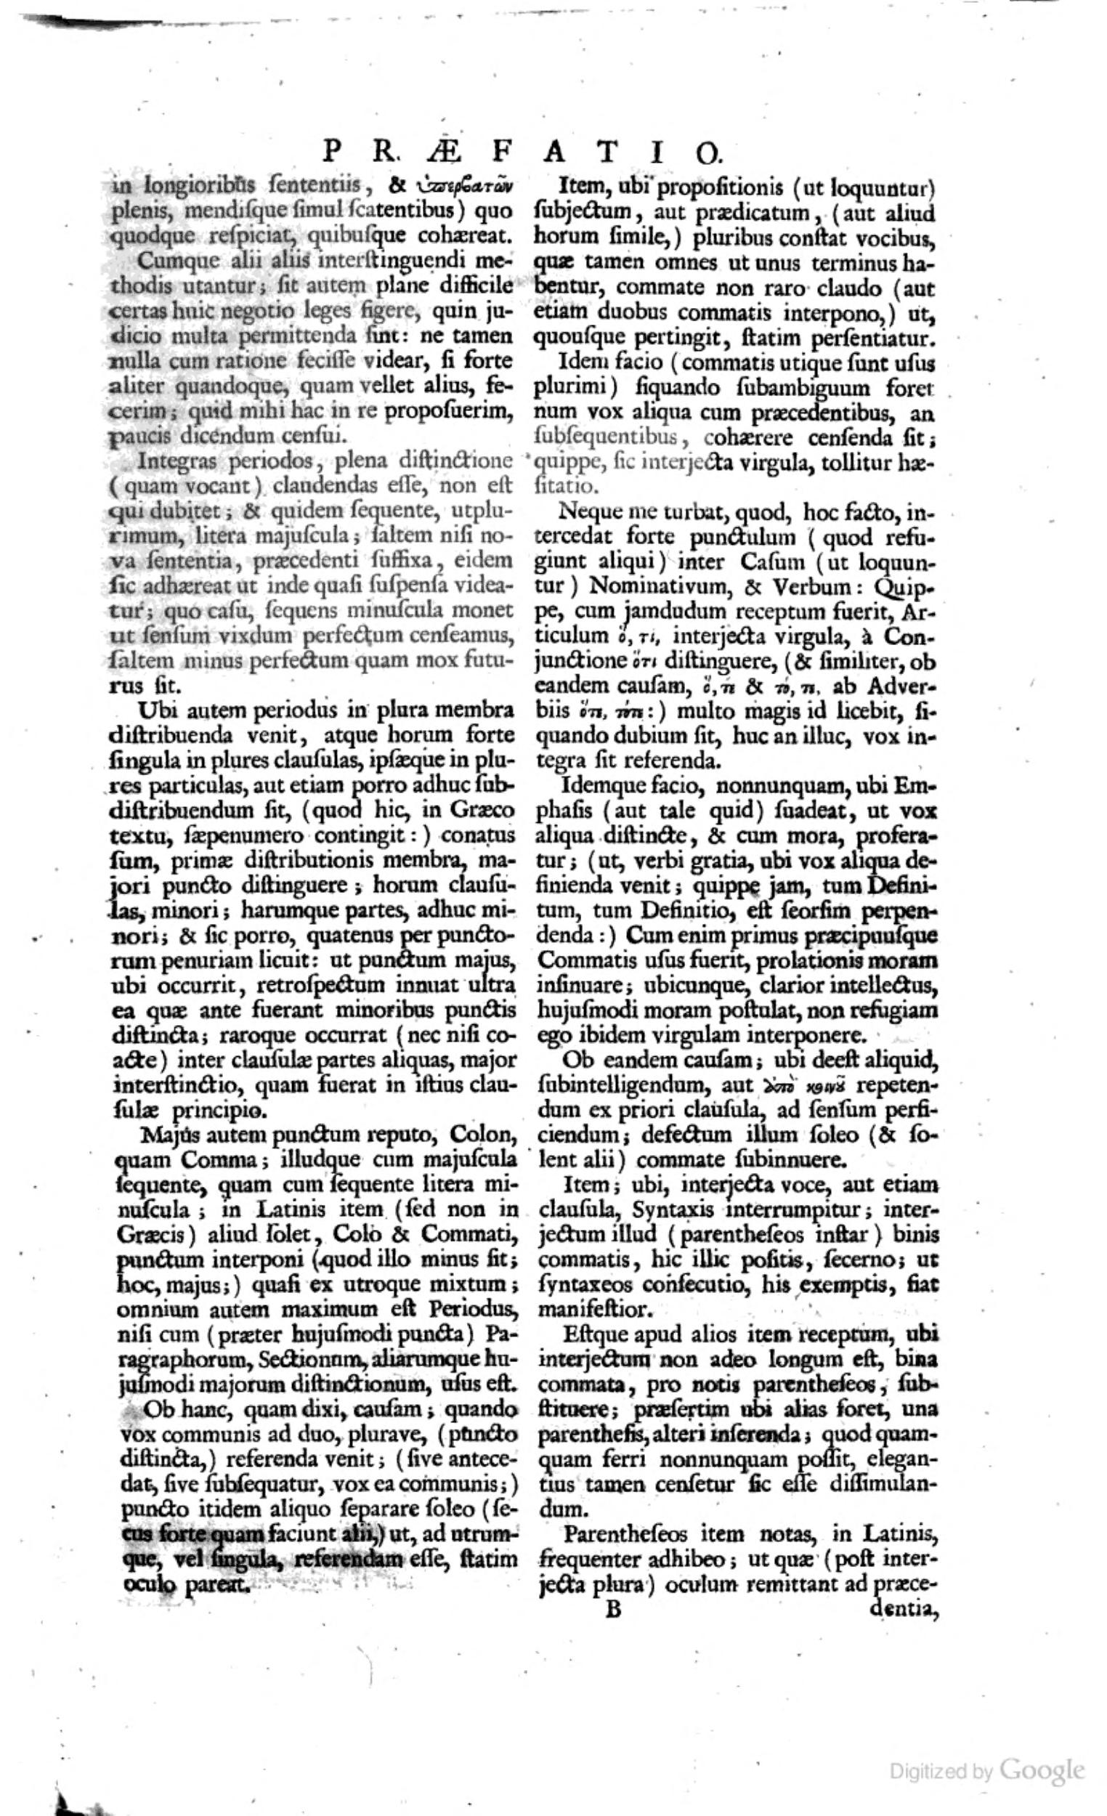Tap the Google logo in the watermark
pyautogui.click(x=1042, y=1702)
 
